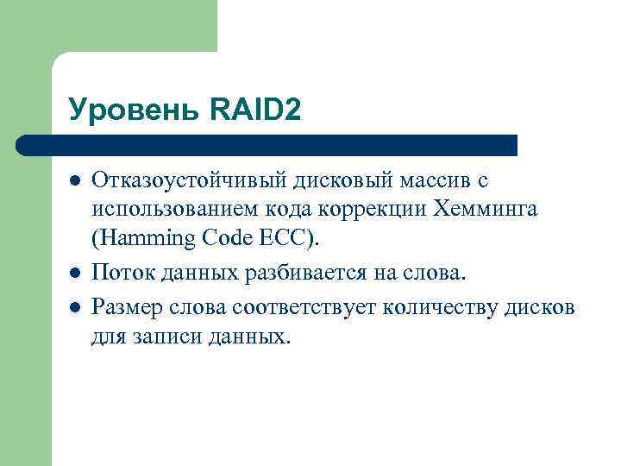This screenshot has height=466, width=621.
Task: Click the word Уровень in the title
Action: point(135,110)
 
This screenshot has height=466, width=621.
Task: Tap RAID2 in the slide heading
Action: point(255,110)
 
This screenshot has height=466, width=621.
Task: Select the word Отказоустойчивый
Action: point(175,180)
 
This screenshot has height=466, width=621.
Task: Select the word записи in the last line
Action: point(169,336)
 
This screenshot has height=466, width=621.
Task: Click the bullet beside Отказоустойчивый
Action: point(75,181)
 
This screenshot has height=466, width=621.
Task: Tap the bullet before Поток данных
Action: point(75,274)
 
